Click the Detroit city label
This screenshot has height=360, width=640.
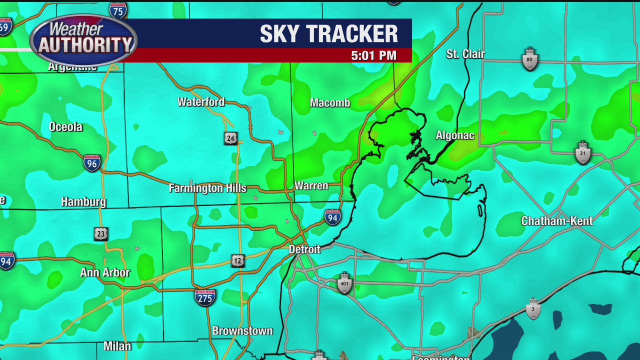(304, 249)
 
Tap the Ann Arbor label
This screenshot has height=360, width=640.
(105, 272)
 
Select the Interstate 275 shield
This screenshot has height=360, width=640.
(205, 297)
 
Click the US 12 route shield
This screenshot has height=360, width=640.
(238, 260)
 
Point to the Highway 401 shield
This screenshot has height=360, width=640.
(344, 283)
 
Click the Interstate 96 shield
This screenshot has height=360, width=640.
(92, 162)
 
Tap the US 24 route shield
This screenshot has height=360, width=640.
(230, 138)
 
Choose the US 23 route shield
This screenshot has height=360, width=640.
(101, 233)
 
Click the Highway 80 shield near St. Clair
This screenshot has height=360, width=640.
(530, 59)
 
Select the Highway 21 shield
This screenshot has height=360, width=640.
(583, 153)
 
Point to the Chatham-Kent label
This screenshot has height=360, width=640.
(557, 221)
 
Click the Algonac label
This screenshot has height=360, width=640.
(455, 135)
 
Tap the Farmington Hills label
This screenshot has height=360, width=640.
(207, 188)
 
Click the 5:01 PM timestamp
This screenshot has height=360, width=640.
(374, 55)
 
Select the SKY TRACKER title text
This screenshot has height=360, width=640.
(329, 34)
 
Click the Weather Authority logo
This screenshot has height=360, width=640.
(83, 40)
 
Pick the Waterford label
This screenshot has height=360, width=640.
(201, 102)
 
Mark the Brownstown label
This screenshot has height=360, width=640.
(242, 331)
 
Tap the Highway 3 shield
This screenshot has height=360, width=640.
(533, 308)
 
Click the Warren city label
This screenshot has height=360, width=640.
(311, 186)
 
